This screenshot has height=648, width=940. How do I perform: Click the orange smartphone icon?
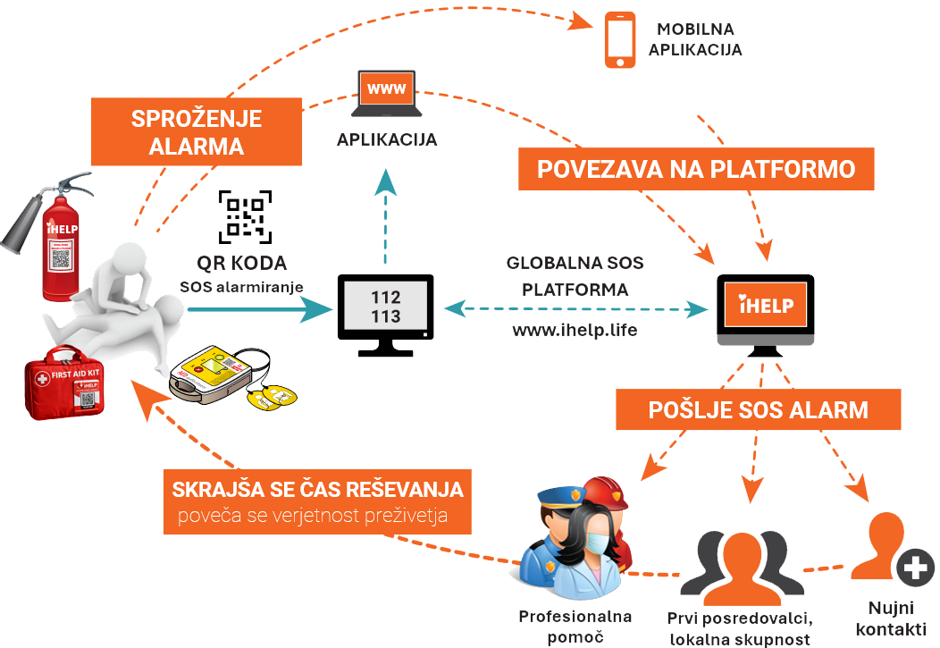[620, 39]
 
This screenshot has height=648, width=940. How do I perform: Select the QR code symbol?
[244, 216]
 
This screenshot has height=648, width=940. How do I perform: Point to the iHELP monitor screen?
[766, 305]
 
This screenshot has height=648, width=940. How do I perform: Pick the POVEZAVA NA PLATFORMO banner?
[696, 169]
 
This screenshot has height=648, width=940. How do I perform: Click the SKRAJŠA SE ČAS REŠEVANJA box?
[317, 501]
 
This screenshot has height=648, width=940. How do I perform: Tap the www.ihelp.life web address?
[575, 331]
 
